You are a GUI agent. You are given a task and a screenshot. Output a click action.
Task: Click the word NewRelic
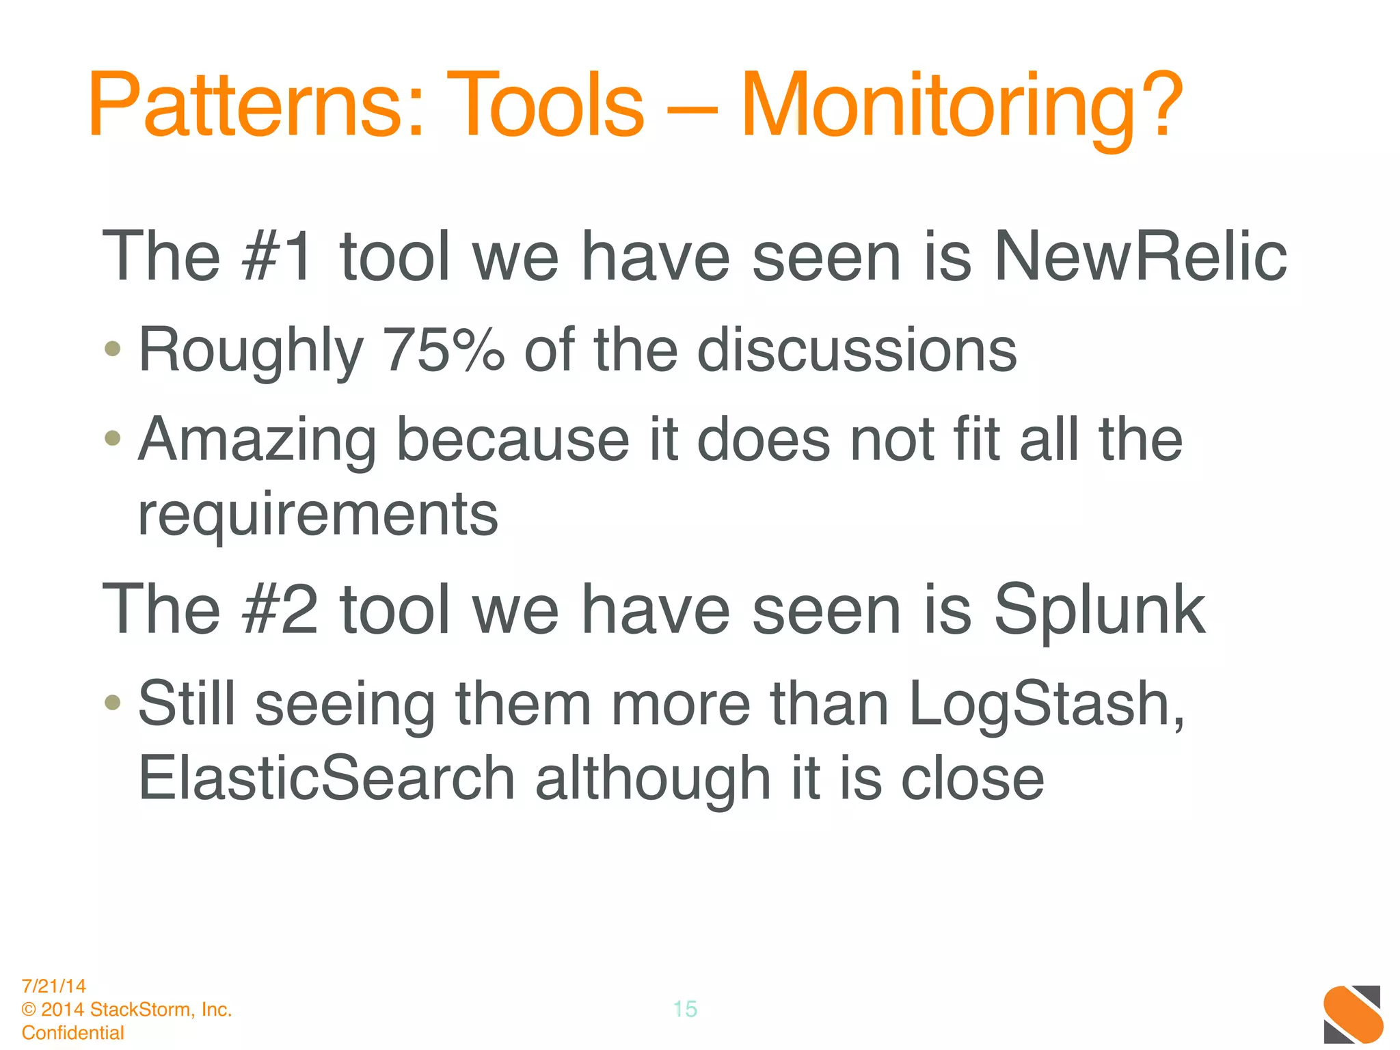pos(1140,256)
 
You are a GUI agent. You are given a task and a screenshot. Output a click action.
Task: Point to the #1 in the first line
pos(279,256)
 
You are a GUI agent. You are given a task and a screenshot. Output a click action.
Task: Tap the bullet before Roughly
pos(113,349)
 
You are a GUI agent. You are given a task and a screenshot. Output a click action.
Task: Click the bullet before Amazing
pos(113,437)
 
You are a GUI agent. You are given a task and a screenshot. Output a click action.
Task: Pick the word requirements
pos(318,514)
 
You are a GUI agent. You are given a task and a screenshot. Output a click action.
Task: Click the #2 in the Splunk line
pos(279,610)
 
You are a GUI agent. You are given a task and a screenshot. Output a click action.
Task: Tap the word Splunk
pos(1099,610)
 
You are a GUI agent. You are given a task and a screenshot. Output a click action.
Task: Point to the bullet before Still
pos(113,702)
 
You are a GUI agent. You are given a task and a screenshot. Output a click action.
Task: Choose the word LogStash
pos(1046,704)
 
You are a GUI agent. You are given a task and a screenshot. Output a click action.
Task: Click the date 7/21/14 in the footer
pos(54,986)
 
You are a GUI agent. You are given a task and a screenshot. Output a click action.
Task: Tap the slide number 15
pos(685,1009)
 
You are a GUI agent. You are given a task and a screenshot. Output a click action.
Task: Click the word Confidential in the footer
pos(73,1032)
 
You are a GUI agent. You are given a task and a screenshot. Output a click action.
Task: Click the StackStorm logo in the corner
pos(1353,1014)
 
